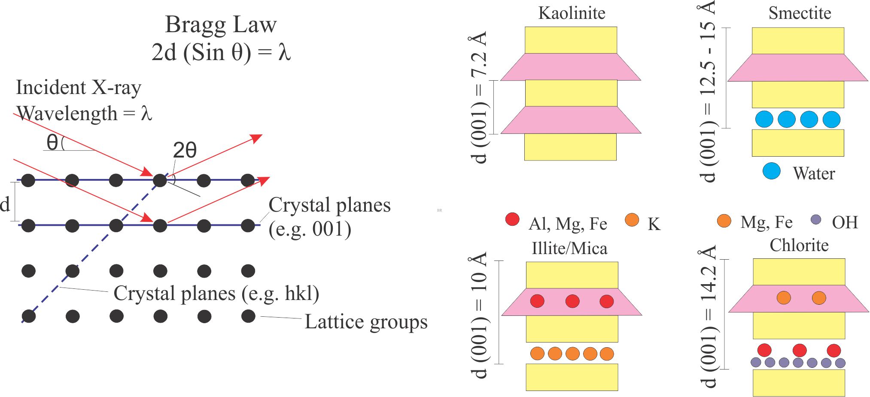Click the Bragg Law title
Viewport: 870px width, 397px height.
(x=221, y=24)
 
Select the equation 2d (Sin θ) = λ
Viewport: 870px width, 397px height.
(x=221, y=52)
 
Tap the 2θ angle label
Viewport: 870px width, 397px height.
(x=185, y=151)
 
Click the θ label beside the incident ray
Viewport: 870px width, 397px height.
(x=52, y=142)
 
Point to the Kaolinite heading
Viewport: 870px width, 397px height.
(x=572, y=13)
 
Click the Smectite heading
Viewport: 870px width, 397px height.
(x=800, y=13)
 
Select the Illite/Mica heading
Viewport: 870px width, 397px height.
(x=569, y=249)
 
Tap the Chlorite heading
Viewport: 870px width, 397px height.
(x=799, y=245)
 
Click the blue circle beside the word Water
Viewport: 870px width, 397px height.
(x=771, y=171)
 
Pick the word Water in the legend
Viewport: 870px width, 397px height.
(x=814, y=173)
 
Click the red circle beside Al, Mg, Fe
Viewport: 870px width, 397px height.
(x=512, y=219)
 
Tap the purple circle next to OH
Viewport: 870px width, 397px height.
(x=816, y=220)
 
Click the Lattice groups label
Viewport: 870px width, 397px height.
(x=366, y=322)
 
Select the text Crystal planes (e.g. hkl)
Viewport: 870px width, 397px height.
(x=216, y=294)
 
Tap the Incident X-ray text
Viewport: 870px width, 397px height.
(x=79, y=88)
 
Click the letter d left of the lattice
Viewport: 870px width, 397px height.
(x=5, y=204)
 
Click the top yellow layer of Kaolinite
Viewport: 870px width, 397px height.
(x=571, y=40)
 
